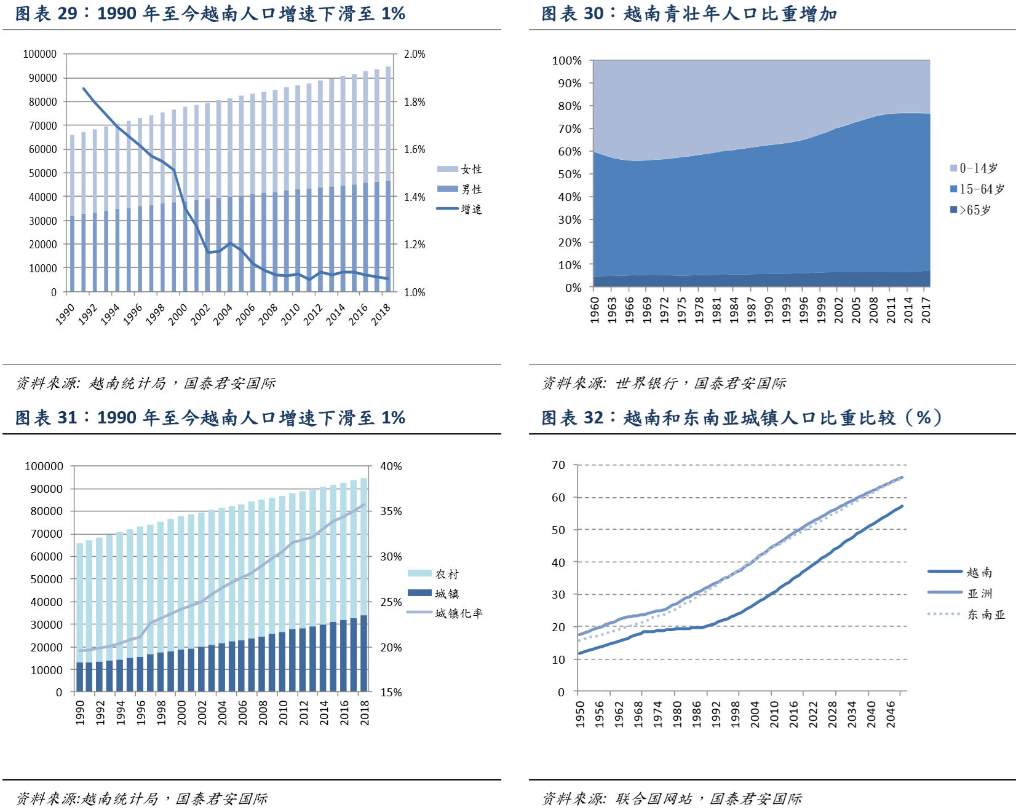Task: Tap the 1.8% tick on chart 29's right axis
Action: coord(415,102)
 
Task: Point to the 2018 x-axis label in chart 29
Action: coord(381,314)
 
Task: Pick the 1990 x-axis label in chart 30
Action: coord(769,310)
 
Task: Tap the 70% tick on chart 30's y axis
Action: coord(570,129)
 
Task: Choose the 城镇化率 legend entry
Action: coord(458,613)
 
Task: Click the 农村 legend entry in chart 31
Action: coord(446,574)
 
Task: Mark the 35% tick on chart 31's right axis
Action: coord(391,511)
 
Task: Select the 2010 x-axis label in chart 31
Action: coord(284,712)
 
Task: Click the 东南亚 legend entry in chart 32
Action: coord(986,615)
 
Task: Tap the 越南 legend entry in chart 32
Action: coord(979,573)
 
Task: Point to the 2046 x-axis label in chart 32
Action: coord(891,714)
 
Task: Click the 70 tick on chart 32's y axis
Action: coord(558,465)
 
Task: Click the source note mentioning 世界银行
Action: coord(664,383)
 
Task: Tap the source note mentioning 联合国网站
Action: coord(672,798)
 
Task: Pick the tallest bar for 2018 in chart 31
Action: coord(364,584)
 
